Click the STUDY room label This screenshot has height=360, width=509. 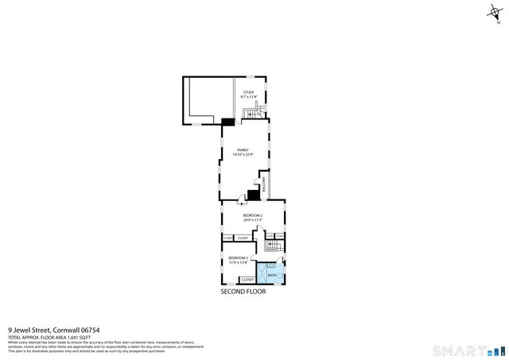coord(249,92)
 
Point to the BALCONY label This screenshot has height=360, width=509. coord(264,183)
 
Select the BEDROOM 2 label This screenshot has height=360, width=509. coord(253,215)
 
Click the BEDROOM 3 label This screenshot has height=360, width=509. coord(239,257)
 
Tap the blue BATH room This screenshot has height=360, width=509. coord(273,275)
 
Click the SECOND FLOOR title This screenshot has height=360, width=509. coord(243,292)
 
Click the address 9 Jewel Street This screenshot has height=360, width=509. coord(30,330)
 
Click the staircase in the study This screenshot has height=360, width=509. coord(254,115)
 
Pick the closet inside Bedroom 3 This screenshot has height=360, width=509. coord(247,280)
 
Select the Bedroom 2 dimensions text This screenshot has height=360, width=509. coord(253,219)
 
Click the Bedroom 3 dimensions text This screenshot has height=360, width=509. coord(239,262)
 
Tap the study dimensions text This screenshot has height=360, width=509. coord(249,97)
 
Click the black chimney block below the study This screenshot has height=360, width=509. coord(228,121)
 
